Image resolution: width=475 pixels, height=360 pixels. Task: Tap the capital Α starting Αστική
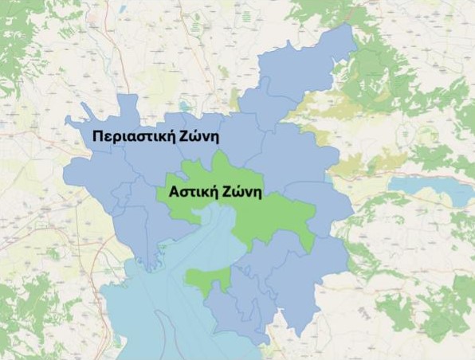[173, 192]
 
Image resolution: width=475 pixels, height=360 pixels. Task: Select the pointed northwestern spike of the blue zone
[69, 122]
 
